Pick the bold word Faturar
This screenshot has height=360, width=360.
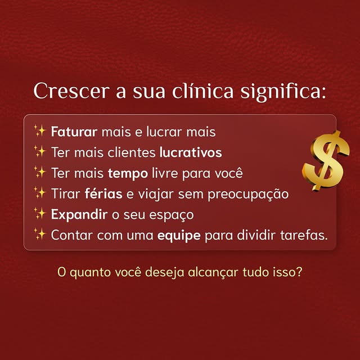click(74, 132)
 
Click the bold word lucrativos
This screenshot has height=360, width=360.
click(191, 152)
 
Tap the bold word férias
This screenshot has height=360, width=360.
click(103, 194)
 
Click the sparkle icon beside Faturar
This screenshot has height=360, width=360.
click(39, 132)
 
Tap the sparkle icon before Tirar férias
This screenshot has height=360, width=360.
click(39, 193)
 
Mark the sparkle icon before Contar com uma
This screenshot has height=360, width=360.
click(39, 233)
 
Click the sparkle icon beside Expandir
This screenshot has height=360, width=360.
click(39, 214)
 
